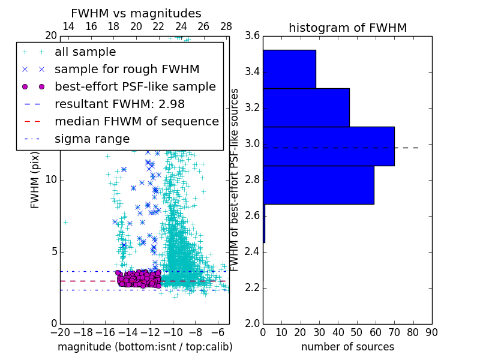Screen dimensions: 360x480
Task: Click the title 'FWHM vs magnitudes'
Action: [136, 13]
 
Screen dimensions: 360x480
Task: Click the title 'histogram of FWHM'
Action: [347, 28]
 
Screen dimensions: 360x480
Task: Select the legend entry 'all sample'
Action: [85, 52]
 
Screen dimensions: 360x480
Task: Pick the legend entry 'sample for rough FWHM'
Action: [127, 69]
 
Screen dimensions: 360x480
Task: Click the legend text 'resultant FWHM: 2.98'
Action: [119, 104]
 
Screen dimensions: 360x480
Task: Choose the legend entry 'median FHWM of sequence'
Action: [136, 121]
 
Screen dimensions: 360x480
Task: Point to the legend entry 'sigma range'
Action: [92, 139]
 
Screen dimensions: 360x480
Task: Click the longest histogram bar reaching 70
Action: [328, 146]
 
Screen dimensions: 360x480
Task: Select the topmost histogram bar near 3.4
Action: [289, 69]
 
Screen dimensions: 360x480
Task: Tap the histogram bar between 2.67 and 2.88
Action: [318, 185]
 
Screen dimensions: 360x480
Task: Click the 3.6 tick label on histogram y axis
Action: [252, 36]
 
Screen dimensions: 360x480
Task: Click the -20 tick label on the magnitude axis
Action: [60, 332]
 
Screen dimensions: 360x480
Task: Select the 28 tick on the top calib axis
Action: [226, 26]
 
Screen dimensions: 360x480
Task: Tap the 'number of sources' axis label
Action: [347, 347]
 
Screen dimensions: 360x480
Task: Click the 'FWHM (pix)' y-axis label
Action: [35, 180]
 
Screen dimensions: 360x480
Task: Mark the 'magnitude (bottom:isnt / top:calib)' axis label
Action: [145, 347]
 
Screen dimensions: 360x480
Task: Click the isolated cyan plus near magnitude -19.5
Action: [65, 222]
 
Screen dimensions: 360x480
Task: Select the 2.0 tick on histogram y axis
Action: [252, 323]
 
